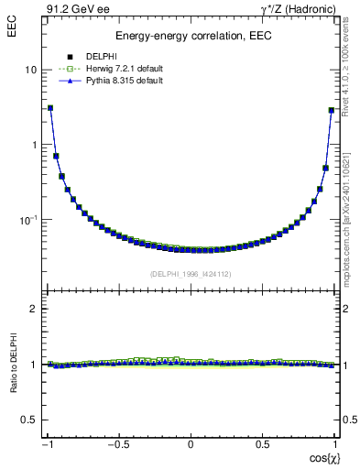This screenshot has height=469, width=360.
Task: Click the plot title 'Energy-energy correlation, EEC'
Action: click(x=191, y=37)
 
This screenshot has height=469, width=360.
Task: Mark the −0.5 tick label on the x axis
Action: click(x=118, y=444)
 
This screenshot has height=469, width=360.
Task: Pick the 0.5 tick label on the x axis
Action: click(x=262, y=444)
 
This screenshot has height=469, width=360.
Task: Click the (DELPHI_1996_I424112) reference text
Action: click(x=191, y=274)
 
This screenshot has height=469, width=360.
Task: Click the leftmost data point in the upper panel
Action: click(x=50, y=108)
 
